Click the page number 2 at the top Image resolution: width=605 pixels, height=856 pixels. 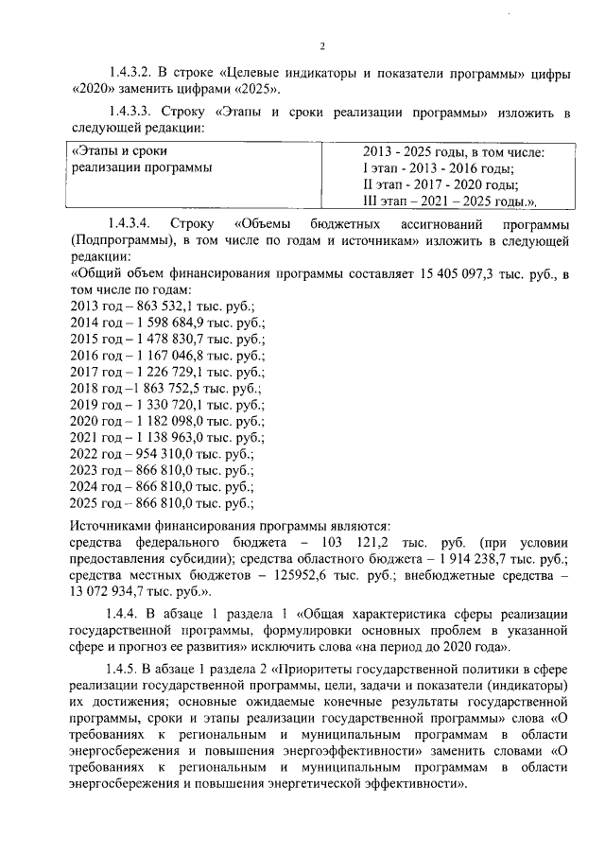coord(322,46)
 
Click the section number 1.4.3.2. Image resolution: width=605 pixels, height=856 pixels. coord(135,72)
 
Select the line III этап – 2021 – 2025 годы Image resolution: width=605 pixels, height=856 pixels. coord(448,201)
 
